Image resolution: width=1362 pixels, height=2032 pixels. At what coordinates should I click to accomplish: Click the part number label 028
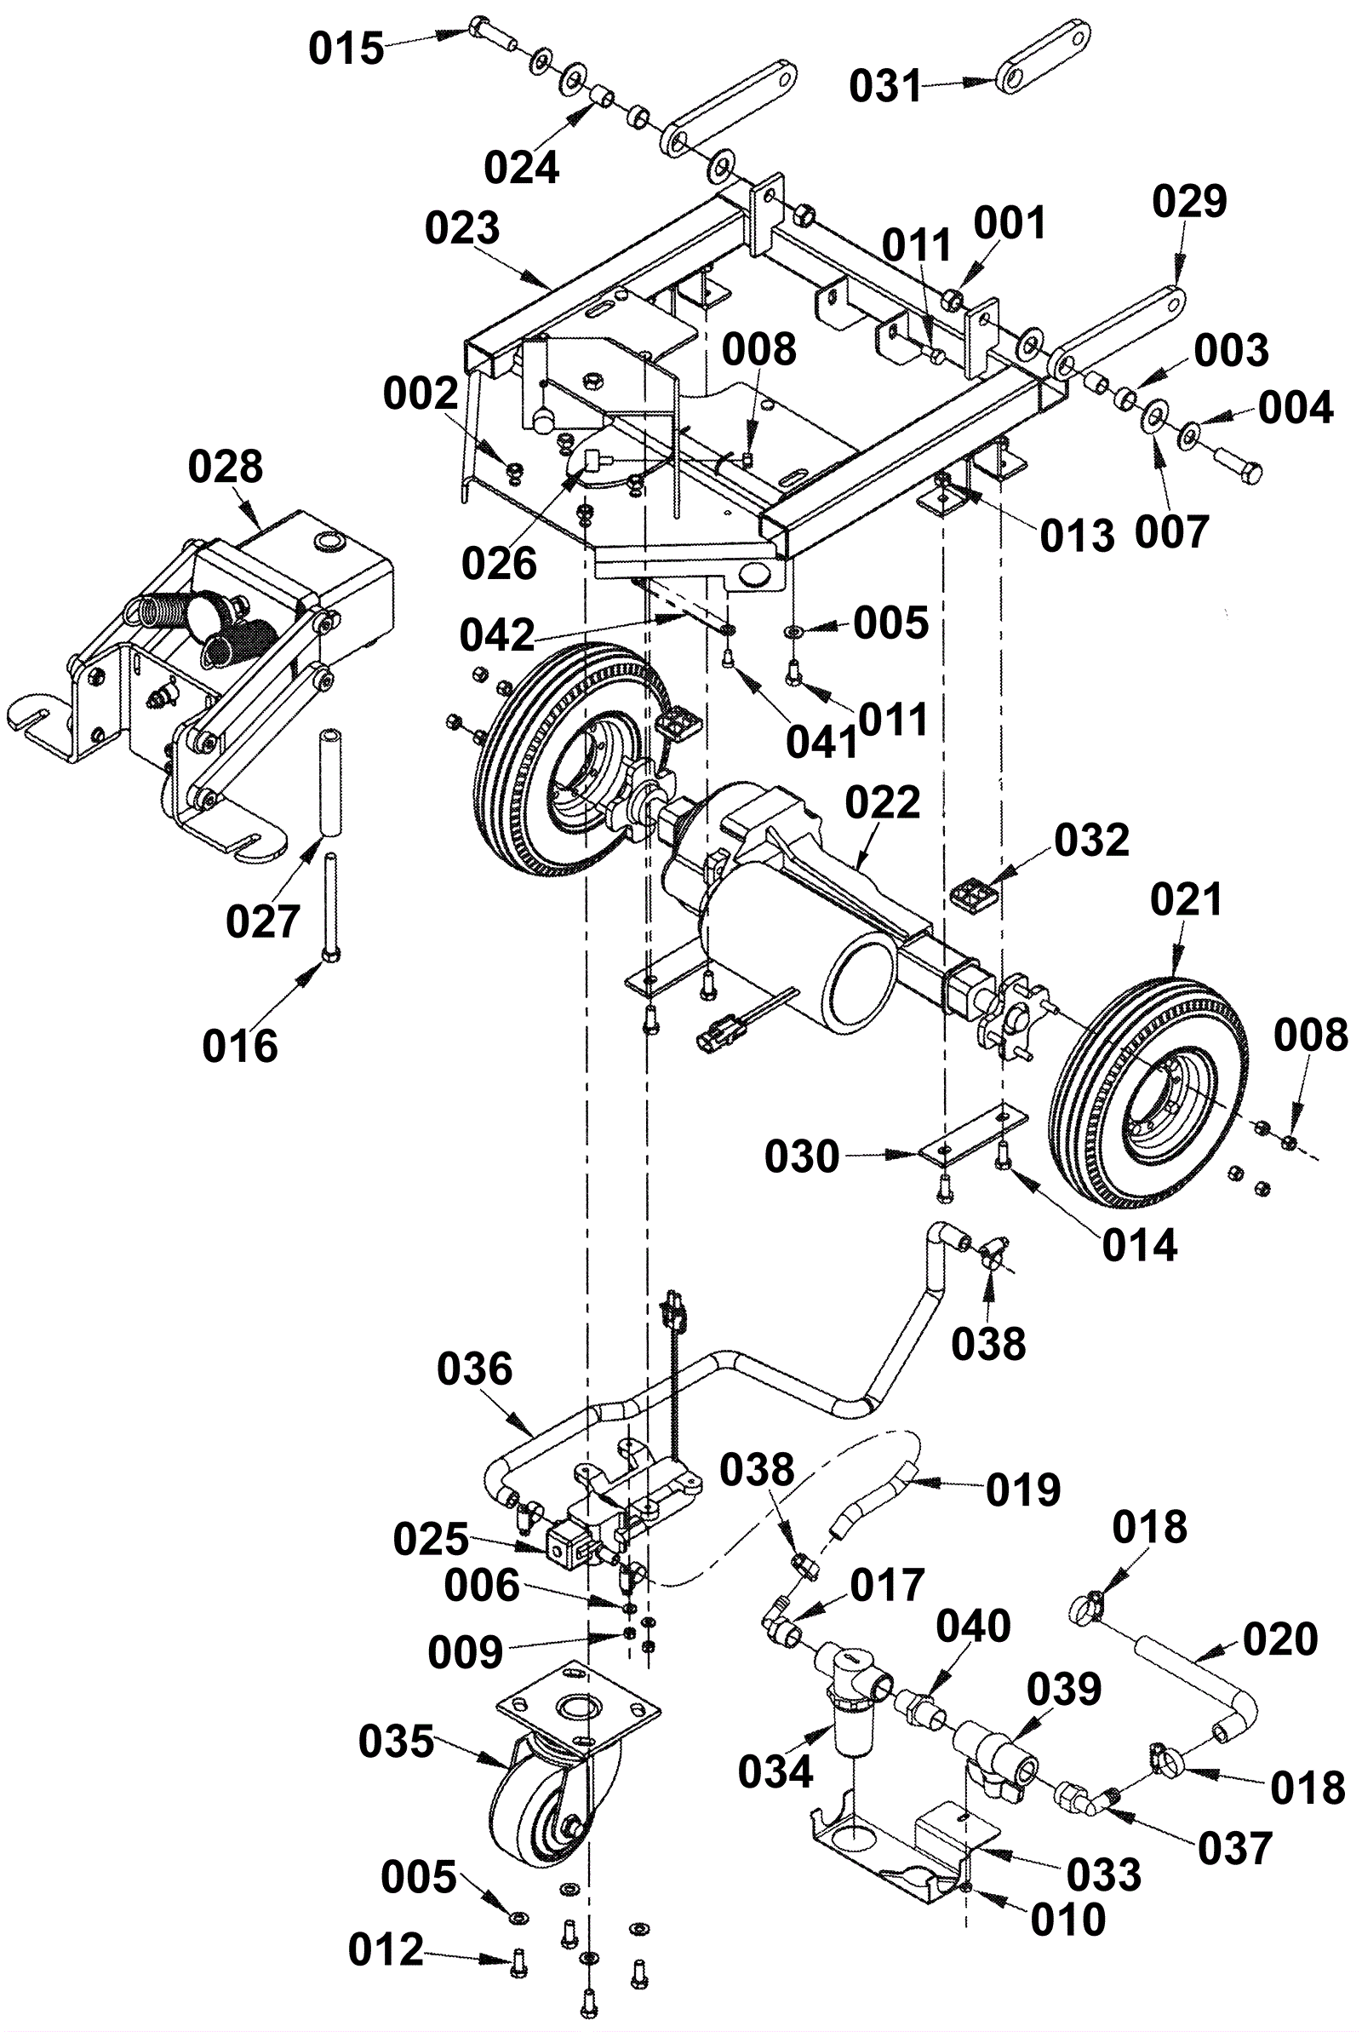(225, 468)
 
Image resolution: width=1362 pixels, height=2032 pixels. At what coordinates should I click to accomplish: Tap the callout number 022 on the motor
(883, 803)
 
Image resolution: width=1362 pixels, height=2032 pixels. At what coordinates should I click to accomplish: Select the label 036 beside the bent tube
(474, 1370)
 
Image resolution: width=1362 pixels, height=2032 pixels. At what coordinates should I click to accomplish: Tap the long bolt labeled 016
(332, 907)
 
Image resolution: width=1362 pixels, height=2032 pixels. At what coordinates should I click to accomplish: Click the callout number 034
(775, 1771)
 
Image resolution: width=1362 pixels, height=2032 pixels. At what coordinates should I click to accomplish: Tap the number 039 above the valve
(1064, 1690)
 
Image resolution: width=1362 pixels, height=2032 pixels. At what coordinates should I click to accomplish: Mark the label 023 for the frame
(462, 228)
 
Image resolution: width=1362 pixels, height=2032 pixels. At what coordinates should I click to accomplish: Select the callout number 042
(497, 636)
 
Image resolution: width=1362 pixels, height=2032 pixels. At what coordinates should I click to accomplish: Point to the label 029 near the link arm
(1189, 201)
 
